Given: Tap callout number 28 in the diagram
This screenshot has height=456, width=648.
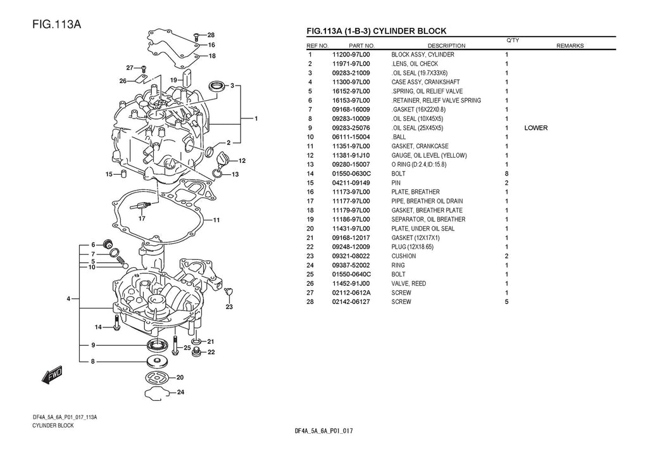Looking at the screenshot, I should coord(211,35).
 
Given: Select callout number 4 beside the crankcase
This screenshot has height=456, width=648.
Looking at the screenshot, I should coord(68,298).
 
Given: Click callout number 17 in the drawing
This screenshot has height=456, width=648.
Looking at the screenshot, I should coord(142,218).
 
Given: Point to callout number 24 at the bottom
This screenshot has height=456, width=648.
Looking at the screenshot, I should coord(180,392).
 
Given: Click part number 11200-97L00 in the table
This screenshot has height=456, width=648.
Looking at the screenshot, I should coord(351,55).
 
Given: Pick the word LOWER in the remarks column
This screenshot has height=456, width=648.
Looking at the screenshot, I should coord(536,128).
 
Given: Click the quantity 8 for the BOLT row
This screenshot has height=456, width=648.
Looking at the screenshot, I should coord(507,174).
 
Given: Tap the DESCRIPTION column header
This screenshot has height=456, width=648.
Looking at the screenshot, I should coord(446,46).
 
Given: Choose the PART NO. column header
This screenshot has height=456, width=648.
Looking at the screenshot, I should coord(362,46).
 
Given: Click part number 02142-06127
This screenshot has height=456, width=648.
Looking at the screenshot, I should coord(351,302).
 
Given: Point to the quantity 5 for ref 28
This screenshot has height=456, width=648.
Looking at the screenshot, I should coord(507,302).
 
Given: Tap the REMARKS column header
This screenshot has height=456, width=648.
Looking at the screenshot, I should coord(570,46).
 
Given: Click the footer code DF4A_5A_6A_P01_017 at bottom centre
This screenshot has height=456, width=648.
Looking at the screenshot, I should coord(323,431).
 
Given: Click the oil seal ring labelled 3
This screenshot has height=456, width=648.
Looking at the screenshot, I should coord(217,85).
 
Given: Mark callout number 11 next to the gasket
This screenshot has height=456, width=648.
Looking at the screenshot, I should coord(216,220).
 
